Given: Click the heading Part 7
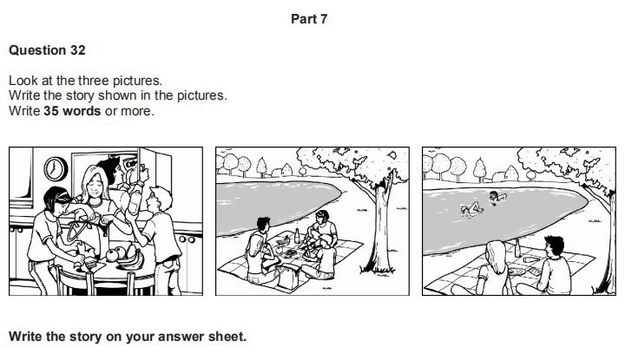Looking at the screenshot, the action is coord(309,19).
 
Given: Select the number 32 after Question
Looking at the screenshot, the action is coord(78,50).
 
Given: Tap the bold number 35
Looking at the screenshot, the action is coord(51,111).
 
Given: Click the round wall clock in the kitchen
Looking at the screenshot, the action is coord(56,169).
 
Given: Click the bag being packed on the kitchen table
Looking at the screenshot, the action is coord(86,235).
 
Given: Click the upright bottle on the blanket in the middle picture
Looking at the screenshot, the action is coord(297,236).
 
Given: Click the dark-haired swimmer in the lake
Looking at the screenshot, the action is coord(497,197).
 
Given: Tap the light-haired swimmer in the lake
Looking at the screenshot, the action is coord(471,209).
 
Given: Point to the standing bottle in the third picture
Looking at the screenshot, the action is coord(517,248).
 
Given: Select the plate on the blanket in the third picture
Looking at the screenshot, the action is coord(516,272).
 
